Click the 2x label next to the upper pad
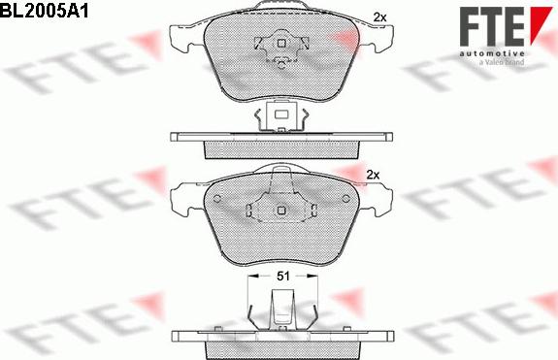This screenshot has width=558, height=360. pos(379,16)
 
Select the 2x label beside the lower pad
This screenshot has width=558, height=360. pos(372,175)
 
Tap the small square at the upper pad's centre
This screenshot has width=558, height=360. pos(279,43)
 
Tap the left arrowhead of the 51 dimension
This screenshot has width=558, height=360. pos(253,277)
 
